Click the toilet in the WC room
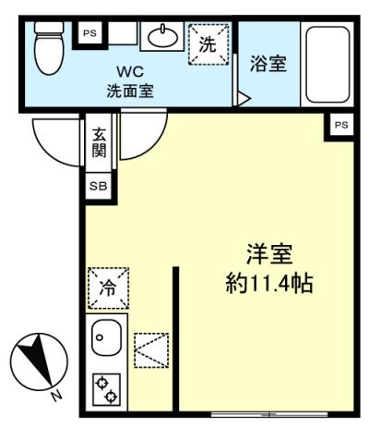[x=49, y=48]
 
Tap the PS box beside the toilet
[x=90, y=33]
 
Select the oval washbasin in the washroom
[x=162, y=36]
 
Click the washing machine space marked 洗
[x=208, y=44]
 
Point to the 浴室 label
[x=268, y=64]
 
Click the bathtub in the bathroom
[x=327, y=64]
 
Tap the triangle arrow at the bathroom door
[x=244, y=99]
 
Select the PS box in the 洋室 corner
[x=341, y=125]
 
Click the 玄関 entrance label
[x=99, y=142]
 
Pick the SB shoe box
[x=99, y=186]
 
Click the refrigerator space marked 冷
[x=108, y=288]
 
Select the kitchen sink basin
[x=106, y=337]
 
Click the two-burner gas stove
[x=106, y=390]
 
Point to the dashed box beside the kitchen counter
[x=151, y=350]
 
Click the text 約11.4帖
[x=269, y=283]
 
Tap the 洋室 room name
[x=269, y=254]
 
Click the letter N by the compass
[x=55, y=396]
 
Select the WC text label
[x=130, y=71]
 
